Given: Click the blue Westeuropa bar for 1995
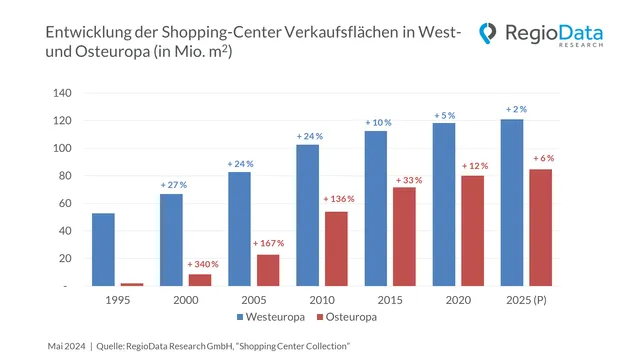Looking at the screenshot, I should (103, 249).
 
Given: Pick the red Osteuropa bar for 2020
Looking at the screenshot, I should (472, 231).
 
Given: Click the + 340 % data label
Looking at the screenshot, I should (203, 264).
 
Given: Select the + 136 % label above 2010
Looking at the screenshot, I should (338, 199).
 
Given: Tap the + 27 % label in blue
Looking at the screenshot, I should (173, 184).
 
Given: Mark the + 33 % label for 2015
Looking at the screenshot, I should (407, 180).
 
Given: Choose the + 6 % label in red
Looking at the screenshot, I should (543, 158).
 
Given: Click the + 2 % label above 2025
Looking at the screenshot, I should (515, 108).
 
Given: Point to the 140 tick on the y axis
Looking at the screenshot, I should (63, 93).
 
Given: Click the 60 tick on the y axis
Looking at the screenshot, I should (66, 203).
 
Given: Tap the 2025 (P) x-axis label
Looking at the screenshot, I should (526, 298).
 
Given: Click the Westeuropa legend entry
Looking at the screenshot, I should (271, 317).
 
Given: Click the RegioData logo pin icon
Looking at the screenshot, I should (486, 34).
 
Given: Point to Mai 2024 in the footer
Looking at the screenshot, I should (65, 345).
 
